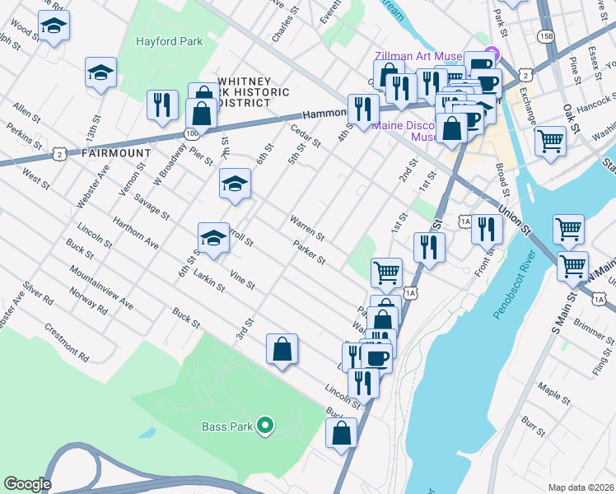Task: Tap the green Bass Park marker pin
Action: pos(264,425)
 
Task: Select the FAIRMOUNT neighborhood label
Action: pos(115,153)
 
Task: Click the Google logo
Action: pos(27,484)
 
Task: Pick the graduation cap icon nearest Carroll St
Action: pos(213,238)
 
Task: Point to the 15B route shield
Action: pos(545,36)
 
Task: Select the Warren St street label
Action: pos(306,226)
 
